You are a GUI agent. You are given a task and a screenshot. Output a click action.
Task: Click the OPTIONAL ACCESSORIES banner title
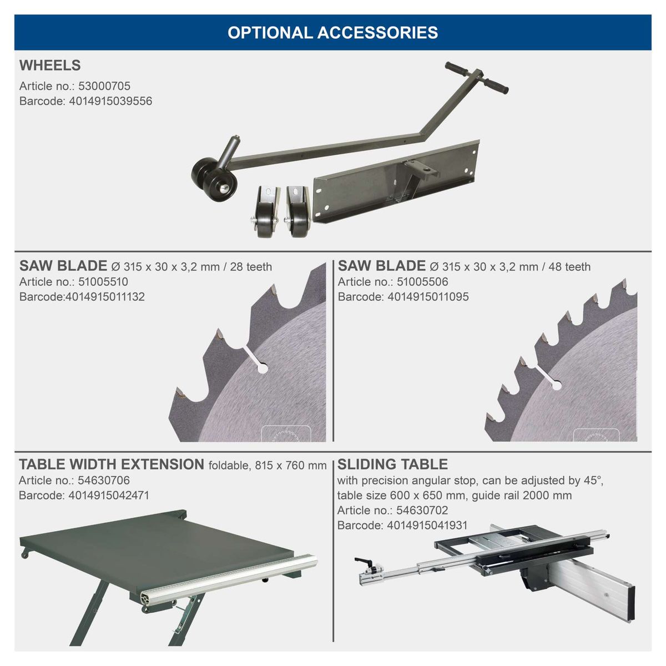pyautogui.click(x=332, y=32)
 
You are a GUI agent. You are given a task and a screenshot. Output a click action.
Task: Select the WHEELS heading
pyautogui.click(x=50, y=65)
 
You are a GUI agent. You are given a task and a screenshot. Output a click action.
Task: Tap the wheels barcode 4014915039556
pyautogui.click(x=110, y=101)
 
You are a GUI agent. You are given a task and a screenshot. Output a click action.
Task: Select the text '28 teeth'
pyautogui.click(x=251, y=267)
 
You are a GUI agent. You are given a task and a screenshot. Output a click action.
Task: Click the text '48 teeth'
pyautogui.click(x=569, y=267)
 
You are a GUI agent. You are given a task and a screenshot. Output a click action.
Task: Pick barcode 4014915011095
pyautogui.click(x=427, y=297)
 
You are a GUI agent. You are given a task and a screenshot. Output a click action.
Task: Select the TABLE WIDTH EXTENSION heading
pyautogui.click(x=112, y=465)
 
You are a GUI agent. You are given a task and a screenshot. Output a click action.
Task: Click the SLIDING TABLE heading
pyautogui.click(x=392, y=465)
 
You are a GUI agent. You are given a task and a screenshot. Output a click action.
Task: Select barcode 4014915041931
pyautogui.click(x=427, y=525)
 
